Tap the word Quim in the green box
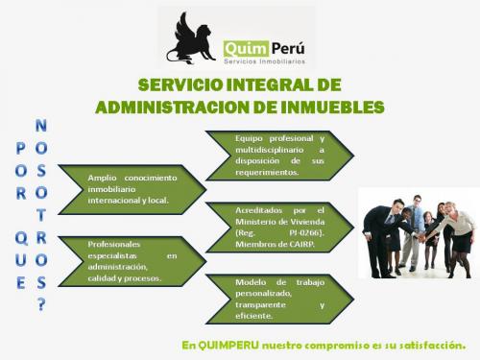click(x=243, y=47)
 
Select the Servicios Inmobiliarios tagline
click(x=264, y=60)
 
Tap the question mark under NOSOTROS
click(x=40, y=304)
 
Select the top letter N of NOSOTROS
click(x=40, y=126)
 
